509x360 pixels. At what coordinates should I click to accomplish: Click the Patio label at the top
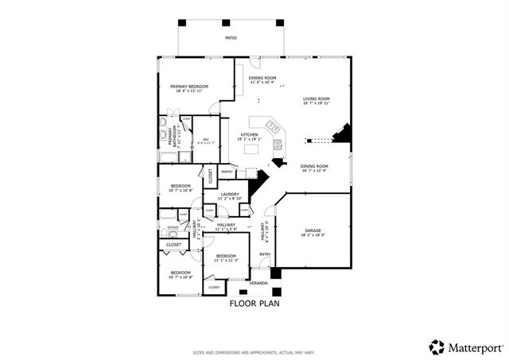(x=230, y=37)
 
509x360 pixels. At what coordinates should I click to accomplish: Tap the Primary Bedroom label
(x=188, y=86)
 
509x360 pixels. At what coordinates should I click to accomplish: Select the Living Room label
(x=316, y=99)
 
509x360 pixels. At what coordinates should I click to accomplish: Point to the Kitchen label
(x=250, y=135)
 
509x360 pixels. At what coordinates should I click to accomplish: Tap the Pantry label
(x=227, y=172)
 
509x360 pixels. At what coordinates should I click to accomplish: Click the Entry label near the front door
(x=264, y=254)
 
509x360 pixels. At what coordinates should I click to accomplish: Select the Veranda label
(x=258, y=283)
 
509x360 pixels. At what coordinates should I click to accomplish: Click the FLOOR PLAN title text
(x=254, y=303)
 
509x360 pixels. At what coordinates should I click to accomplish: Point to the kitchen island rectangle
(x=254, y=149)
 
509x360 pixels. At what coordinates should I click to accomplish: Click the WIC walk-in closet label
(x=205, y=140)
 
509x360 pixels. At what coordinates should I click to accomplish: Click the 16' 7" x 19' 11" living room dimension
(x=316, y=103)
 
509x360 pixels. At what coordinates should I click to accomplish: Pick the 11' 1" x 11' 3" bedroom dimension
(x=226, y=260)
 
